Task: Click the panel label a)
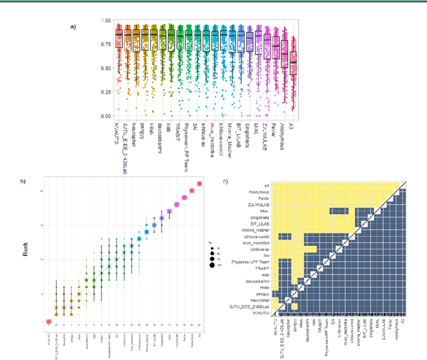tap(73, 27)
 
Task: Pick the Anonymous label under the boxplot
tap(284, 137)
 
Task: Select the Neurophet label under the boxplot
tap(137, 136)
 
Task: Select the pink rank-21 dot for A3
tap(199, 184)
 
